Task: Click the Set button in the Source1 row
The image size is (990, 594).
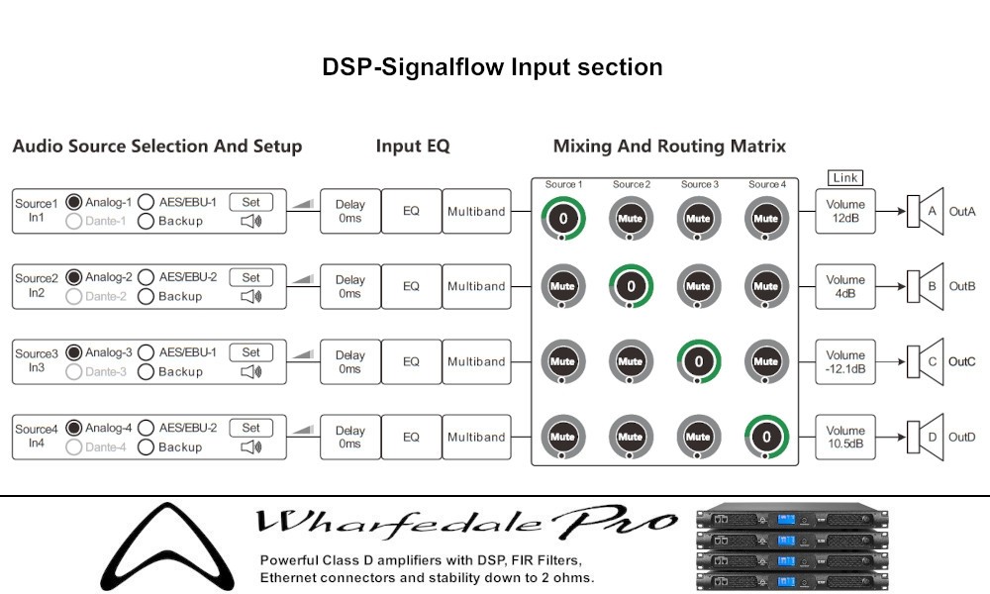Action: coord(251,202)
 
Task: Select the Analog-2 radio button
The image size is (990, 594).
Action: coord(73,277)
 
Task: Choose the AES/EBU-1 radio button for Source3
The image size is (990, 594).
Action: coord(147,352)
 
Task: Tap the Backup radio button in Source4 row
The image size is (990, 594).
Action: coord(147,446)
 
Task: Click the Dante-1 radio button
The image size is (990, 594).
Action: coord(73,221)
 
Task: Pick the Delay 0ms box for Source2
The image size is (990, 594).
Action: coord(349,286)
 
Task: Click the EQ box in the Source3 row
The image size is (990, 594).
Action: coord(411,361)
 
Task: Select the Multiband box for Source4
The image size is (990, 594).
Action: coord(476,437)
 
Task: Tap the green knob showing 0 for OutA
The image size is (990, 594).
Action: coord(562,218)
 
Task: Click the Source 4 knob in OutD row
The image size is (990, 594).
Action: coord(765,437)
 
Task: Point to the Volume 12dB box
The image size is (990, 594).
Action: coord(845,211)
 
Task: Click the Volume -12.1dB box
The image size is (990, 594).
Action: coord(845,361)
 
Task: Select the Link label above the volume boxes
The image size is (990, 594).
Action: coord(845,178)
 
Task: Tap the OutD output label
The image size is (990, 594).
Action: coord(962,437)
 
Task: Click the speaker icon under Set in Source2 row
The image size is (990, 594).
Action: coord(251,296)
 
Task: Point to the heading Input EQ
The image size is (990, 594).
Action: coord(413,147)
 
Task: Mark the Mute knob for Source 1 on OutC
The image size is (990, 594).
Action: coord(562,361)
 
